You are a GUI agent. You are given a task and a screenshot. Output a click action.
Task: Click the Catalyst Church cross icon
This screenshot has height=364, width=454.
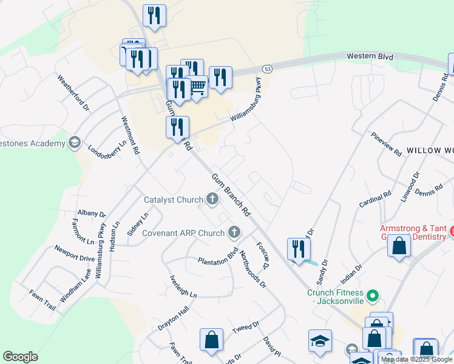pos(212,198)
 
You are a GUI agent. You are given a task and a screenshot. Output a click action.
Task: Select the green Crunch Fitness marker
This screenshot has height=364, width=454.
pos(374,297)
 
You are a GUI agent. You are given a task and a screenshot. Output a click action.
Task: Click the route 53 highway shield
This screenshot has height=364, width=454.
pos(268,69)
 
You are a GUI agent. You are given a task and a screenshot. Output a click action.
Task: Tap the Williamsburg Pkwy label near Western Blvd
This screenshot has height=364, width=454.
pos(245,101)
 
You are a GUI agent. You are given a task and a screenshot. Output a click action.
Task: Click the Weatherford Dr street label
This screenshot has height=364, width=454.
pos(73,93)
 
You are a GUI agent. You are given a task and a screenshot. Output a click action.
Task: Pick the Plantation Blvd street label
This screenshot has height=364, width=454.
pos(218,256)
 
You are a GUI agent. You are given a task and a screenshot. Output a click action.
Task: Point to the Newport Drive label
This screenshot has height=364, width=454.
pos(75,253)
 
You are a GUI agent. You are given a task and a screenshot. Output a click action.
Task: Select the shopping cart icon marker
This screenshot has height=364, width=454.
pos(197,88)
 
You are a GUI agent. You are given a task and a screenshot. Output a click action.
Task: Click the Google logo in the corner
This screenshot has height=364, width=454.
pos(20,357)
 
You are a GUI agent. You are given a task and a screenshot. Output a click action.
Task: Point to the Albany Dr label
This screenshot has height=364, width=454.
pos(92,214)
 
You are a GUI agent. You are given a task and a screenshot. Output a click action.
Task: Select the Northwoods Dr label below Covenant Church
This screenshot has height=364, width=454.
pos(252,269)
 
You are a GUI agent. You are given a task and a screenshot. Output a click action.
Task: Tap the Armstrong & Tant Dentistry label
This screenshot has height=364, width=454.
pos(416,232)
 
